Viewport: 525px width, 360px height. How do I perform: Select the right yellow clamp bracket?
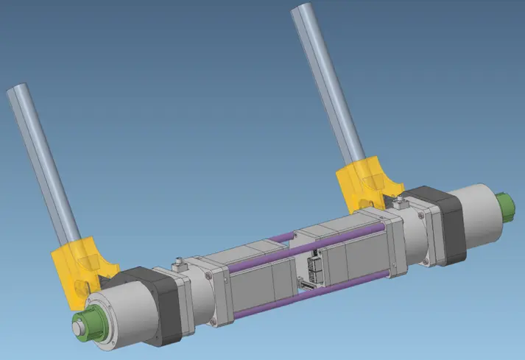362,181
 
